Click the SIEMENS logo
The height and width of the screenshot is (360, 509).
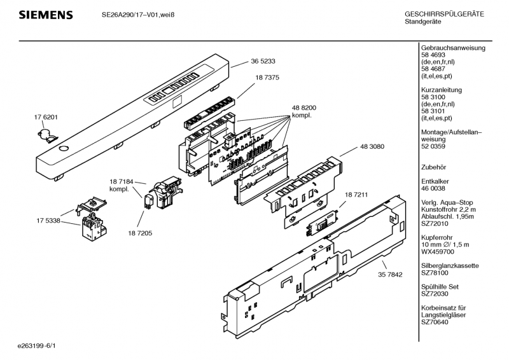[x=46, y=15]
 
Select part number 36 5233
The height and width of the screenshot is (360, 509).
[x=263, y=61]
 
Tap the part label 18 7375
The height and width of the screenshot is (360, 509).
[x=267, y=78]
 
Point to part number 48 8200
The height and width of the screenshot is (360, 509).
[x=304, y=107]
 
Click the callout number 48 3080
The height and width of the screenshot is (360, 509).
[x=372, y=147]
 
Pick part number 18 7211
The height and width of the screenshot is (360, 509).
[x=356, y=195]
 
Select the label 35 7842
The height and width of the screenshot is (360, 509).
[x=390, y=275]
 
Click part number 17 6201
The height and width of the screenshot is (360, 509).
[x=46, y=117]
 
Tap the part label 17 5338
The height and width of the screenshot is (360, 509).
[x=48, y=221]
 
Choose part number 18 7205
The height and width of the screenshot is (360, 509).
[x=140, y=233]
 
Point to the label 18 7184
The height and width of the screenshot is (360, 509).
[x=122, y=182]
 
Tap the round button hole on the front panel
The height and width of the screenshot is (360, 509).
[x=64, y=149]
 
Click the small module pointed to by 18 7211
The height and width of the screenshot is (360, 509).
[x=323, y=223]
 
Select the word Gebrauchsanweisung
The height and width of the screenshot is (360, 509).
[x=453, y=48]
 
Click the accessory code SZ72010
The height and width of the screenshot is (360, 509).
[x=435, y=224]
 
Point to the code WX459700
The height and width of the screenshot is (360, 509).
[x=438, y=252]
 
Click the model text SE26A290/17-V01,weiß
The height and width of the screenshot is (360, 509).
[x=138, y=15]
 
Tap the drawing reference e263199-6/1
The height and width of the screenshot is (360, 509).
[x=37, y=346]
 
